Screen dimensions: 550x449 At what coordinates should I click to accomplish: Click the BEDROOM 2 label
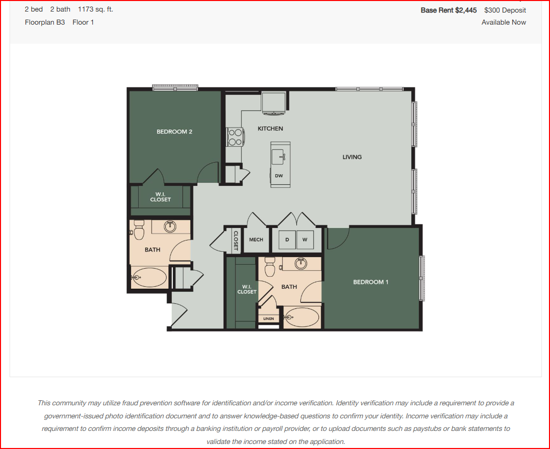pos(174,132)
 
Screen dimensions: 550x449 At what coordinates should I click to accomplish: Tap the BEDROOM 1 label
pos(371,282)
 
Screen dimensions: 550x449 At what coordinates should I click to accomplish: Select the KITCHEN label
pos(270,129)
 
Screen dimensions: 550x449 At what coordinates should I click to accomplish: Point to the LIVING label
pos(352,157)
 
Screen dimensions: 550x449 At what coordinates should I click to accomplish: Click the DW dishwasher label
pos(279,176)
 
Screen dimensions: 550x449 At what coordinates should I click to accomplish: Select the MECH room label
pos(256,240)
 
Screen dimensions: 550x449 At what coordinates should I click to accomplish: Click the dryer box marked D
pos(287,240)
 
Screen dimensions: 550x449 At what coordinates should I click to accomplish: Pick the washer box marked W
pos(305,240)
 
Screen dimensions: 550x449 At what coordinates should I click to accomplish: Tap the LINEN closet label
pos(268,318)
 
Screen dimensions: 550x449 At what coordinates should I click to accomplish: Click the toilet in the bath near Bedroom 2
pos(139,230)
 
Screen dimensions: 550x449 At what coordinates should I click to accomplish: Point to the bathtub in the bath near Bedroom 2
pos(149,277)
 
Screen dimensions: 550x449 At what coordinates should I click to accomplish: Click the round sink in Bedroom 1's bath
pos(300,264)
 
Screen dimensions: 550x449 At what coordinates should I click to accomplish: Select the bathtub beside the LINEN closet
pos(302,317)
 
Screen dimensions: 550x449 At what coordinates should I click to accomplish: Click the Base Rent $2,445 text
pos(449,10)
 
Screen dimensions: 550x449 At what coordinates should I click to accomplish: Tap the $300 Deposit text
pos(505,10)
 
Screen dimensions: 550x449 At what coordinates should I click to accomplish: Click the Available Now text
pos(504,22)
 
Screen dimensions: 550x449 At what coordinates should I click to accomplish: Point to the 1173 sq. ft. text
pos(95,9)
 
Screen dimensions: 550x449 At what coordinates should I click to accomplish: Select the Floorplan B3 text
pos(45,22)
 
